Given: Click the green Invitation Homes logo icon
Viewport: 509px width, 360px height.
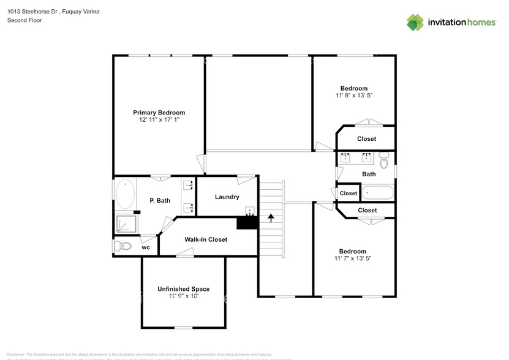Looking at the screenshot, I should point(415,22).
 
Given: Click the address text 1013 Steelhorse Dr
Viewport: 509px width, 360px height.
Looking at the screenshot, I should point(34,10).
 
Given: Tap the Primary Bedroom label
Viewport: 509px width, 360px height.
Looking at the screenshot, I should point(159,113).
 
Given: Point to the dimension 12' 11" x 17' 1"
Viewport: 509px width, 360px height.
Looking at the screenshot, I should point(159,121).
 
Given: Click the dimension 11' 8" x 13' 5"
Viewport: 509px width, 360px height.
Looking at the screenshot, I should point(354,96).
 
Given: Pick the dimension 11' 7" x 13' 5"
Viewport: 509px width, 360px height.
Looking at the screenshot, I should point(353,258).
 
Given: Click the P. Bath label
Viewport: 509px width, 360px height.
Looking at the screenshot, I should point(160,200).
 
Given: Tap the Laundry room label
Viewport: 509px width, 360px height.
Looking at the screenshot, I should point(227,197).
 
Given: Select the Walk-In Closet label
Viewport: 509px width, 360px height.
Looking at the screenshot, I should point(206,239).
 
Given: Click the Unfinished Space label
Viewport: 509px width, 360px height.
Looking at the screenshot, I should point(183,289).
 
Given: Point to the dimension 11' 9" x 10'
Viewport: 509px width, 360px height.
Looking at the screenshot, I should point(183,296).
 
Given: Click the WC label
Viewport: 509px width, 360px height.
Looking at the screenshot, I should point(146,247).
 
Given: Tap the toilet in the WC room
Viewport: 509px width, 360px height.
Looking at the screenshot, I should point(123,246).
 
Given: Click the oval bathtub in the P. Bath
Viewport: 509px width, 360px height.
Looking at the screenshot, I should point(126,194).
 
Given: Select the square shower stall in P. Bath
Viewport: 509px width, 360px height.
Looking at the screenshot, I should point(124,223).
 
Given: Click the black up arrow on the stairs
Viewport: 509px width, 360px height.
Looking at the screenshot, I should point(270,217).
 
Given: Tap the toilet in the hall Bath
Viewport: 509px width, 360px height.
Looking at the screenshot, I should point(384,161).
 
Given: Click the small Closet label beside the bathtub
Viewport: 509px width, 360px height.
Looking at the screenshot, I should point(349,193).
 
